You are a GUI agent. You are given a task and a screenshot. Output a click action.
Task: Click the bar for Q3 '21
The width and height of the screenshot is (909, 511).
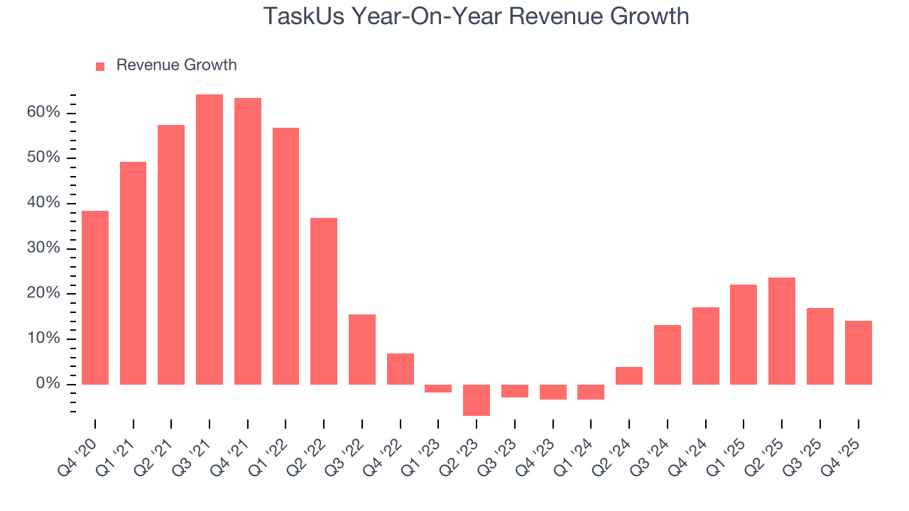point(209,239)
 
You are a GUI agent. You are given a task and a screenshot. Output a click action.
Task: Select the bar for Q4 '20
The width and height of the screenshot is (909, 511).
point(95,297)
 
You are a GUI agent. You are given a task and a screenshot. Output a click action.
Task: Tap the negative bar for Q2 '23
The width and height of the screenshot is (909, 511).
point(477,400)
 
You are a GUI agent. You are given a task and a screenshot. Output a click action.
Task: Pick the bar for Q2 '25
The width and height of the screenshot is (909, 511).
point(782,331)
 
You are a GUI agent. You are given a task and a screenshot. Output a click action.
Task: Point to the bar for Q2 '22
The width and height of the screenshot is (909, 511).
point(324,301)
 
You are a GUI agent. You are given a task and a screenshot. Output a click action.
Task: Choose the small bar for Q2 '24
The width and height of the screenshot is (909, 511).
point(629,375)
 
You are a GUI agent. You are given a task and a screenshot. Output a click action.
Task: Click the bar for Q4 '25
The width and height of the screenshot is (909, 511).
point(858,353)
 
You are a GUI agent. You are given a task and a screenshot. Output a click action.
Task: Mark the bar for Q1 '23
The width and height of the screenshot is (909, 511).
point(438,388)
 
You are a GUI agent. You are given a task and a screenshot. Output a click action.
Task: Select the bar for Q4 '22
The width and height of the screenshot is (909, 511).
point(401,369)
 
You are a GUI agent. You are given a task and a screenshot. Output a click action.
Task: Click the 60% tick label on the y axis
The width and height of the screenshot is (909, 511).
point(44,113)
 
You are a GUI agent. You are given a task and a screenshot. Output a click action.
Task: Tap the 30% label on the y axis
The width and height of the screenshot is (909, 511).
point(44,248)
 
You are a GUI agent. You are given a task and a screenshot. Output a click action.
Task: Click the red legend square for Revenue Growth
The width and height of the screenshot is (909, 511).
point(100,66)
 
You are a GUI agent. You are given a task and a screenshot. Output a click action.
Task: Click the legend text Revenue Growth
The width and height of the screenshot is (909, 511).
point(176,65)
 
